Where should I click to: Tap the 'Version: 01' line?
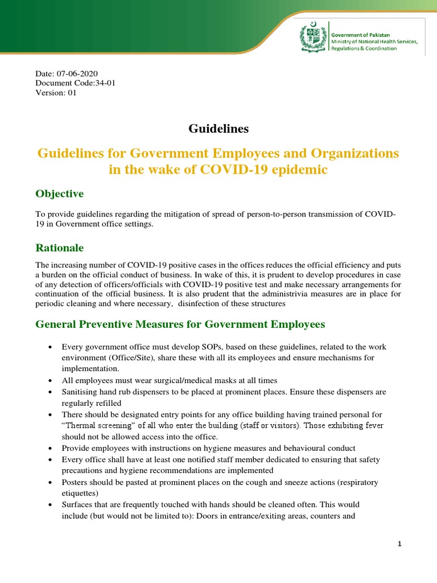[x=56, y=93]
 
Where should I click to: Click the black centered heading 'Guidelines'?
[x=218, y=129]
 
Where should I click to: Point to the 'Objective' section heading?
[x=59, y=194]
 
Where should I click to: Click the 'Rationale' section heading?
[x=60, y=248]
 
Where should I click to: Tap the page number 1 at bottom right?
[x=400, y=544]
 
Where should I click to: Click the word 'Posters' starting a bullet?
[x=75, y=482]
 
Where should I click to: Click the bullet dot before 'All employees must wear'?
[x=51, y=380]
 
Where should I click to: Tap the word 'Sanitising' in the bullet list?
[x=80, y=392]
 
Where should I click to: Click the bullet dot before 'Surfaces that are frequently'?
[x=51, y=505]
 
